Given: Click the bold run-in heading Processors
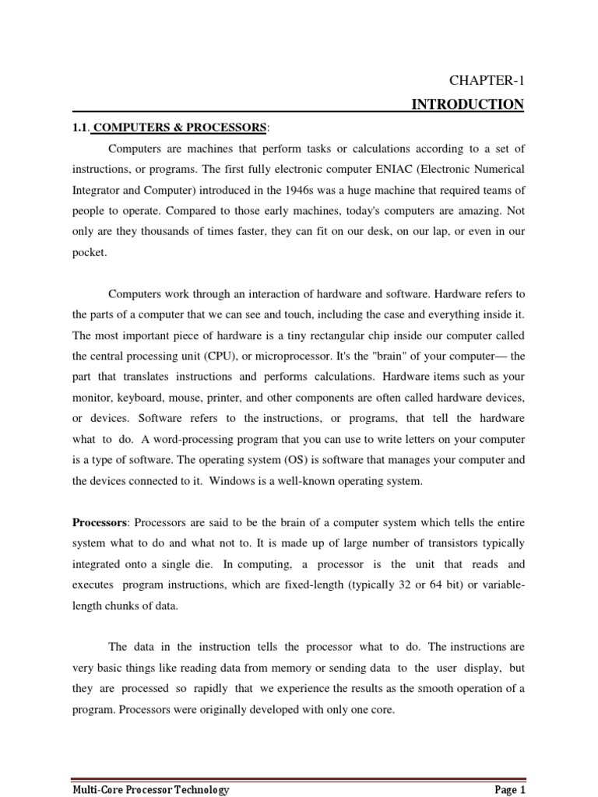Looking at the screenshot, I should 99,521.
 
